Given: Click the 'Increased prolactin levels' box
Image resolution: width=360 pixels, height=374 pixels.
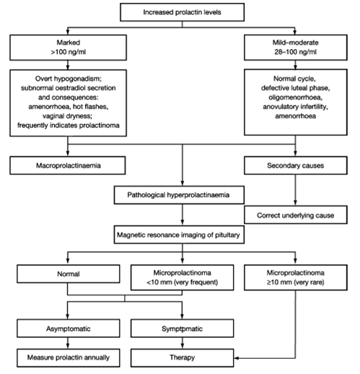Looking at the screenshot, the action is [x=182, y=12].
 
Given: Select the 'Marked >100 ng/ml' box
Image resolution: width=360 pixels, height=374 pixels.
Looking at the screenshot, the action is [x=68, y=48].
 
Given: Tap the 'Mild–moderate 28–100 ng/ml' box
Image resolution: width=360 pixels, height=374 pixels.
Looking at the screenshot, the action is [x=296, y=48].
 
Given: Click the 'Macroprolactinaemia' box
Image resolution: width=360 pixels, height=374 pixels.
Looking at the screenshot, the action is [x=68, y=166].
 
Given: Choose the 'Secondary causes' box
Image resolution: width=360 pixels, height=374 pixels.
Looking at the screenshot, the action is [x=296, y=166].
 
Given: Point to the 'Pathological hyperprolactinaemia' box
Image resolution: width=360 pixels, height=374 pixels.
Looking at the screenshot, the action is [x=179, y=195].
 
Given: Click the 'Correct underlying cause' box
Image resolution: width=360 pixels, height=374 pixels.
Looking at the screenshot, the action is [x=296, y=215].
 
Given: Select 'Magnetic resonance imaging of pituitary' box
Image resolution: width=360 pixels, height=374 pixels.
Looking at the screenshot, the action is [x=179, y=235].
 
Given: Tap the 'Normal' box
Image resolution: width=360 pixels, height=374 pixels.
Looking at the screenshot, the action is [x=69, y=274].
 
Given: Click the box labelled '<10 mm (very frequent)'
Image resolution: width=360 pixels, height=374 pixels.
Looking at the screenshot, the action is [x=182, y=277].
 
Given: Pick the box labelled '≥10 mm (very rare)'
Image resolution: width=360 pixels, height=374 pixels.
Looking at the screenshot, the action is [x=296, y=277].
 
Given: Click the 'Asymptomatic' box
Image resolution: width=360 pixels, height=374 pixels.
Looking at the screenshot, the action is [x=69, y=329].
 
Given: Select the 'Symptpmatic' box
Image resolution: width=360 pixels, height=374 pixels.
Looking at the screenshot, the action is [x=182, y=329].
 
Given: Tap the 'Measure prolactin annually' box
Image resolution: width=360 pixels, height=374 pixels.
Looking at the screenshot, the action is [x=69, y=357].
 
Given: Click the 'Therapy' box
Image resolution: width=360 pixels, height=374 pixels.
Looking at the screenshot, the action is [x=182, y=357].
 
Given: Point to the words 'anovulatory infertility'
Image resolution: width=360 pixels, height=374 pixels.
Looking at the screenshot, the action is [x=296, y=107].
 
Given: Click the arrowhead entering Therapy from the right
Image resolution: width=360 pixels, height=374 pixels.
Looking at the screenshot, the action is [x=236, y=358].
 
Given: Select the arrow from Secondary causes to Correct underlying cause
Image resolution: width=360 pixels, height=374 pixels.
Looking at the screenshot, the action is [x=295, y=190].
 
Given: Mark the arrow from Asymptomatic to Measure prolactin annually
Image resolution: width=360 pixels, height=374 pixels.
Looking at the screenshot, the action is [x=68, y=343].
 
